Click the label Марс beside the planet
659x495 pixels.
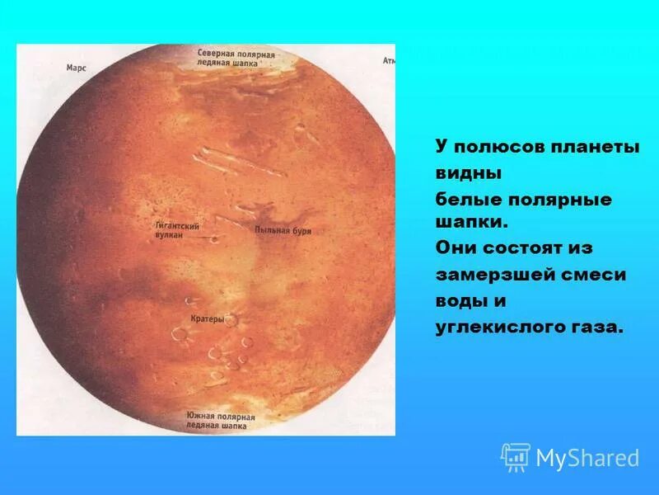pyautogui.click(x=76, y=69)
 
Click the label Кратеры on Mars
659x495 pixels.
pyautogui.click(x=207, y=317)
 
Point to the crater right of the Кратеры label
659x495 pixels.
pyautogui.click(x=231, y=320)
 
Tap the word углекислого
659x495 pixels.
pyautogui.click(x=497, y=328)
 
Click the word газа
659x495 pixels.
pyautogui.click(x=593, y=328)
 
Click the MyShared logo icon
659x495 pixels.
pyautogui.click(x=516, y=456)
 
